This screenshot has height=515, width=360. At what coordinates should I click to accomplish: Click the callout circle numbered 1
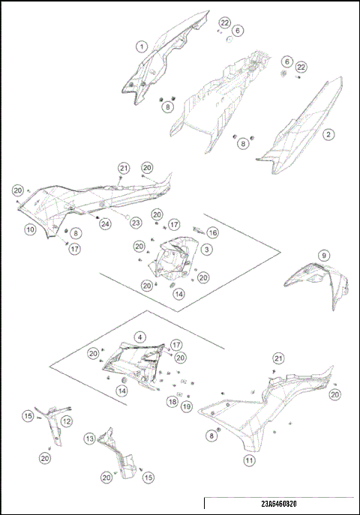pos(142,46)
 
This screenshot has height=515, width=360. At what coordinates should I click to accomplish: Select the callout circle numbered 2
pos(328,134)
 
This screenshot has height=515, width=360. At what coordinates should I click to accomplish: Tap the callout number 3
pos(206,250)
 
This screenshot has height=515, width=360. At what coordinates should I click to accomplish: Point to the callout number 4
pos(140,337)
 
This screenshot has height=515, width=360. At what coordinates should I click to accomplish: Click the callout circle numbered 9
pos(324,255)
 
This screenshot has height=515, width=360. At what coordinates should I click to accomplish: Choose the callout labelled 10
pos(30,229)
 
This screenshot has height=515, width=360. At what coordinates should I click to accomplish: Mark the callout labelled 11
pos(249,460)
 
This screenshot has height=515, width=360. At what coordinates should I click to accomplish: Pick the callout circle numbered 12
pos(67,421)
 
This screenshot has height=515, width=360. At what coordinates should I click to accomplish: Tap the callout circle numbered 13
pos(90,439)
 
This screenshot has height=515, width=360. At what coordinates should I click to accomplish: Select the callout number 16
pos(213,233)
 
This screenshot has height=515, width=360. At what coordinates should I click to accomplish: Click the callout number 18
pos(172,402)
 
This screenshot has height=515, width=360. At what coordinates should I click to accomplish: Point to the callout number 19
pos(187,406)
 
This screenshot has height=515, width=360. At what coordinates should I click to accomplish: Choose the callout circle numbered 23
pos(136,223)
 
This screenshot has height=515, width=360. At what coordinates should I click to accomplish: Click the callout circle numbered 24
pos(106,223)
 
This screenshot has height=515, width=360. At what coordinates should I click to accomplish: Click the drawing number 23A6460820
pos(279,504)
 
